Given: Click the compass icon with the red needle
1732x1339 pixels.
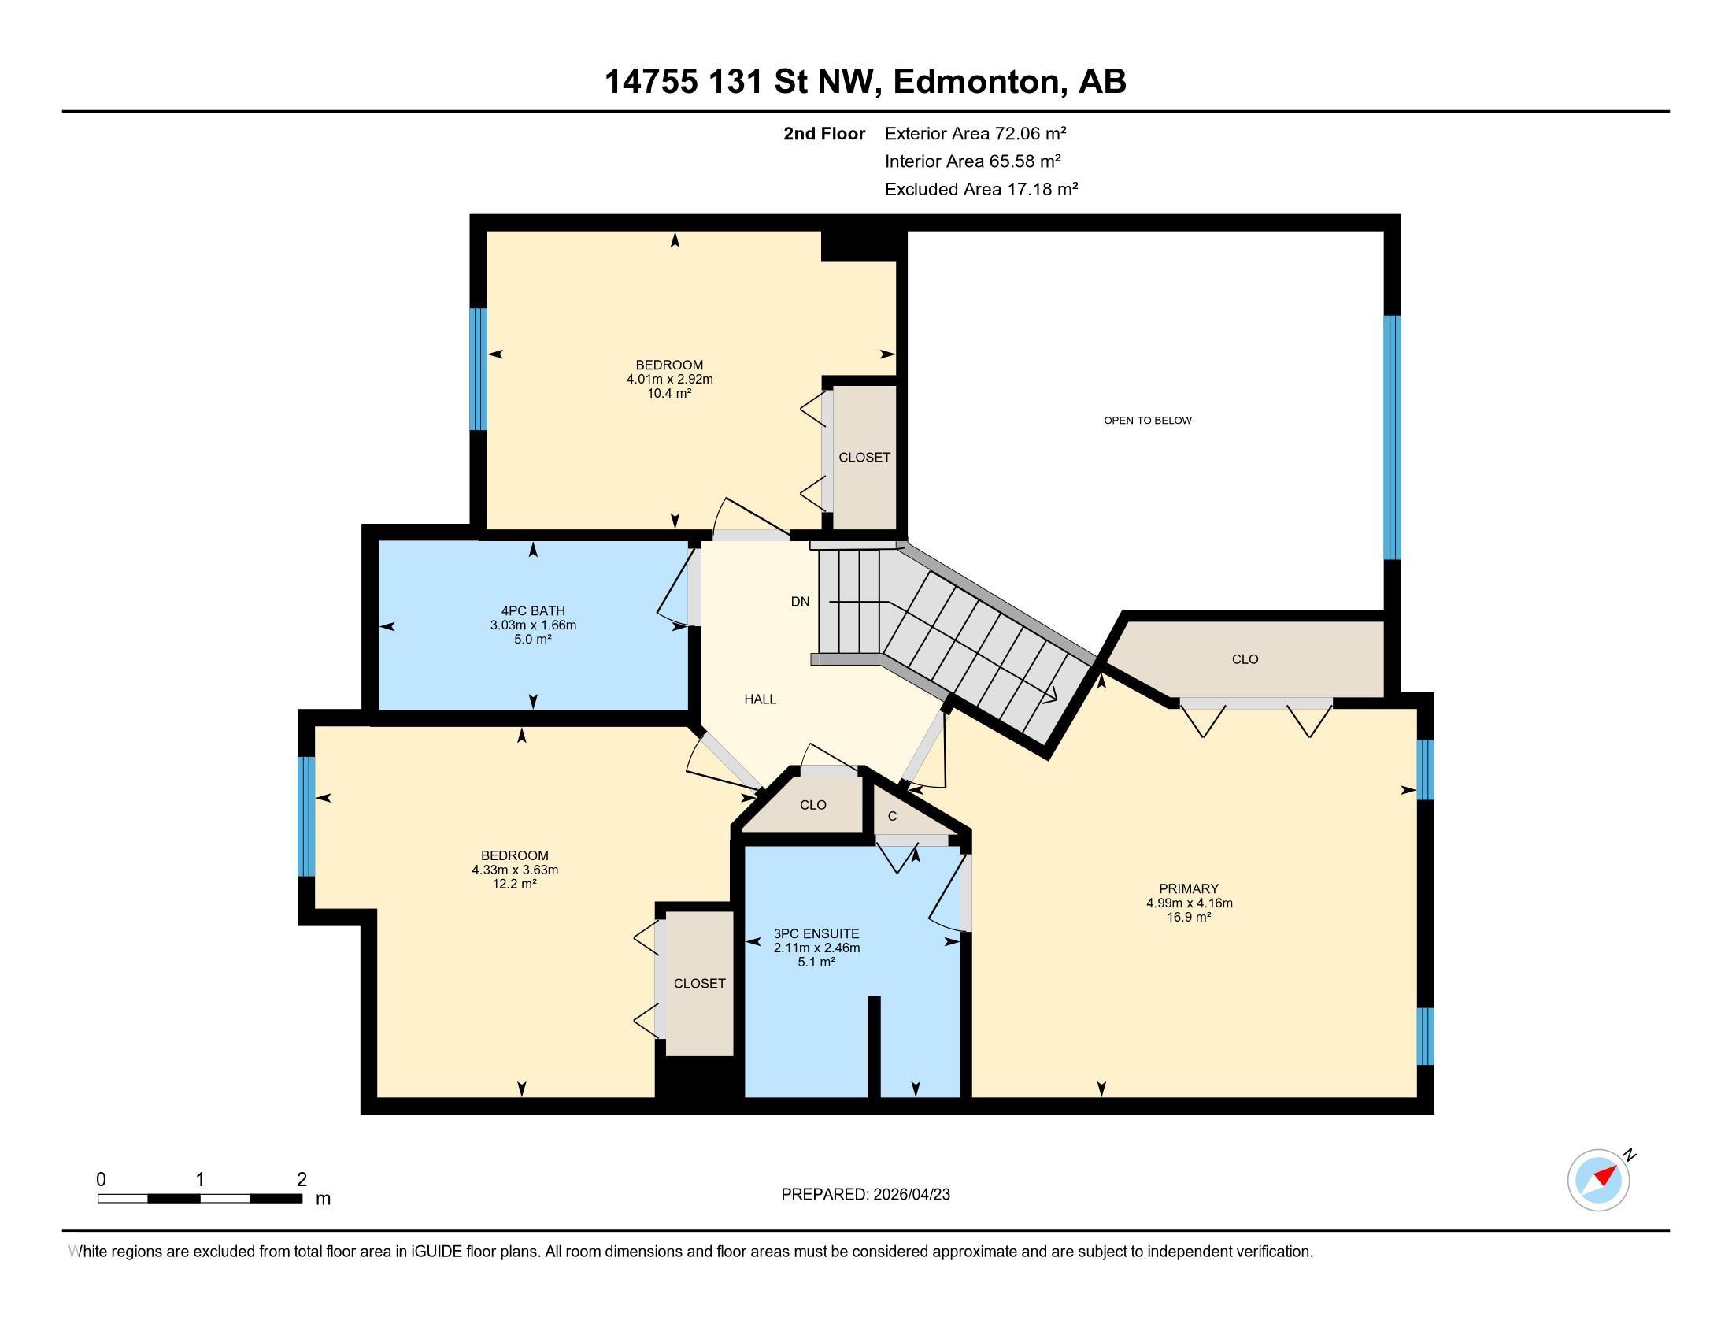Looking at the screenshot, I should pos(1598,1180).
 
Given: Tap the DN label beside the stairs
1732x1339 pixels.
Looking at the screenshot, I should pos(800,601).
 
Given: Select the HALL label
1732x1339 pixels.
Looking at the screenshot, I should pos(760,699).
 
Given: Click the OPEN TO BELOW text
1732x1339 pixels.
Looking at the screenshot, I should pos(1147,421).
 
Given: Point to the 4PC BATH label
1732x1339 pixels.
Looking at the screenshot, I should pos(533,610).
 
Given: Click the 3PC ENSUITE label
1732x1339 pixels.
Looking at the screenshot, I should pos(816,933).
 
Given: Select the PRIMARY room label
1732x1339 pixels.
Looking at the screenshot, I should pos(1188,888).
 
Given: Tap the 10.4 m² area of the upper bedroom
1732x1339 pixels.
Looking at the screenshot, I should pos(669,394).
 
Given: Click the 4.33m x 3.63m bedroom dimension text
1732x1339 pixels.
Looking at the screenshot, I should pos(515,870).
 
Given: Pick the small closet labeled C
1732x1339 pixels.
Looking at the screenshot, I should pos(892,816).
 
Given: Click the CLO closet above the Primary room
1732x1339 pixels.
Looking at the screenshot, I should pos(1244,659).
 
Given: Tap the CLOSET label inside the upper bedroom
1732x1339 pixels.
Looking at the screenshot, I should pos(864,458).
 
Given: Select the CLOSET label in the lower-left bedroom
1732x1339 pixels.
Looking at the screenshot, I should pos(698,984).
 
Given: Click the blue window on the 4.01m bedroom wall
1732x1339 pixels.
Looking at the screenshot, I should pos(477,369).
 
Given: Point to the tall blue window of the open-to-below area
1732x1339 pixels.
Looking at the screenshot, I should pos(1392,437).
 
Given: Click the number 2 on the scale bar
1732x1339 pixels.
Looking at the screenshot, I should pos(302,1180).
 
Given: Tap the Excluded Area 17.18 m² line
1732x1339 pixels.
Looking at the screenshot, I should pos(981,190).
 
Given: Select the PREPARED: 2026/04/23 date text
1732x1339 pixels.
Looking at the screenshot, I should pos(865,1195).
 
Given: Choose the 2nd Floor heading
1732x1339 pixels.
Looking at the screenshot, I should pos(823,134).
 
